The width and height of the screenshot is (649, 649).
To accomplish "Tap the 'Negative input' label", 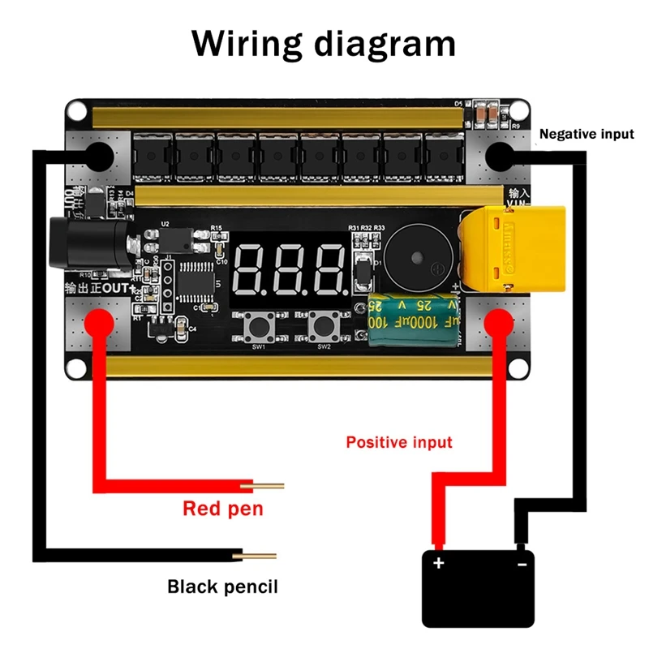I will [587, 134].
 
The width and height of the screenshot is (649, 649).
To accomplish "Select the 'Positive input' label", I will [399, 442].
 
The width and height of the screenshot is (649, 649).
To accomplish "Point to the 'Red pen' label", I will [223, 509].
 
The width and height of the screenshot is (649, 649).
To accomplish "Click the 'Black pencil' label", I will [222, 586].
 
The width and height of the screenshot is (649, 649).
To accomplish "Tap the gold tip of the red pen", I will [267, 486].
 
